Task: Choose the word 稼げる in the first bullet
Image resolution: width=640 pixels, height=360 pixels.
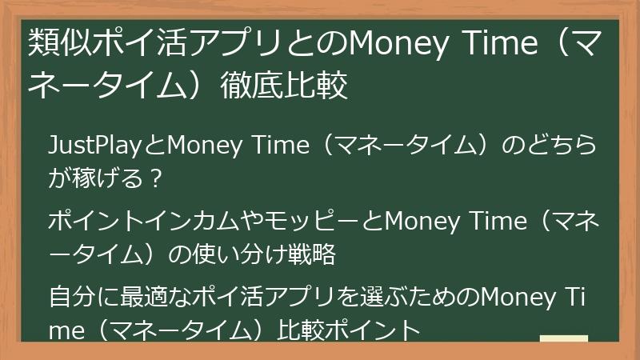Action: click(x=108, y=178)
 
